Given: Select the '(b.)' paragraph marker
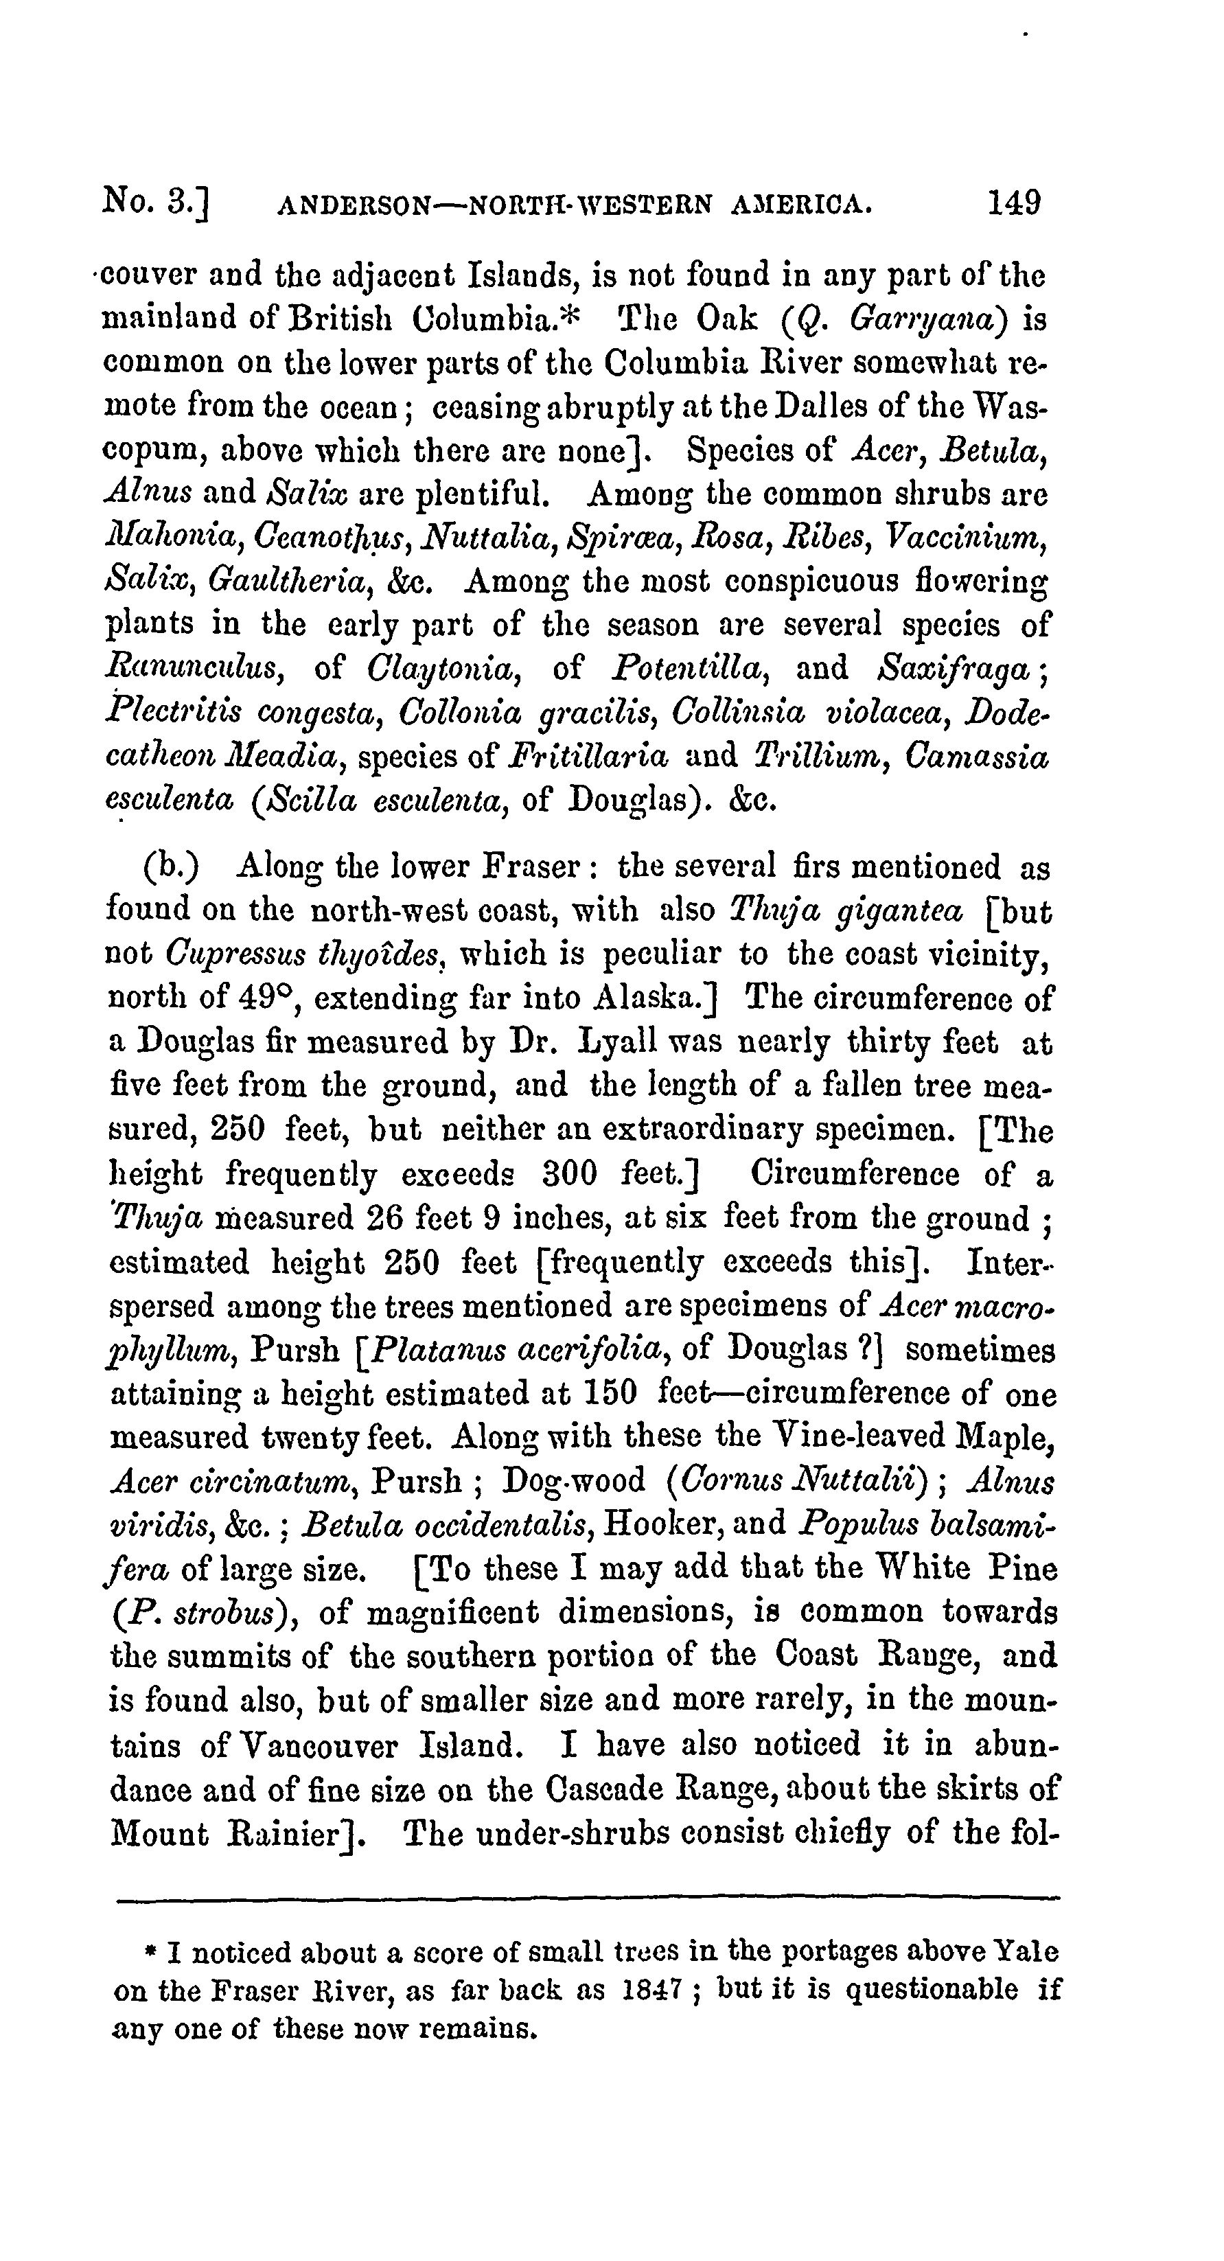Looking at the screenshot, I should point(170,867).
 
